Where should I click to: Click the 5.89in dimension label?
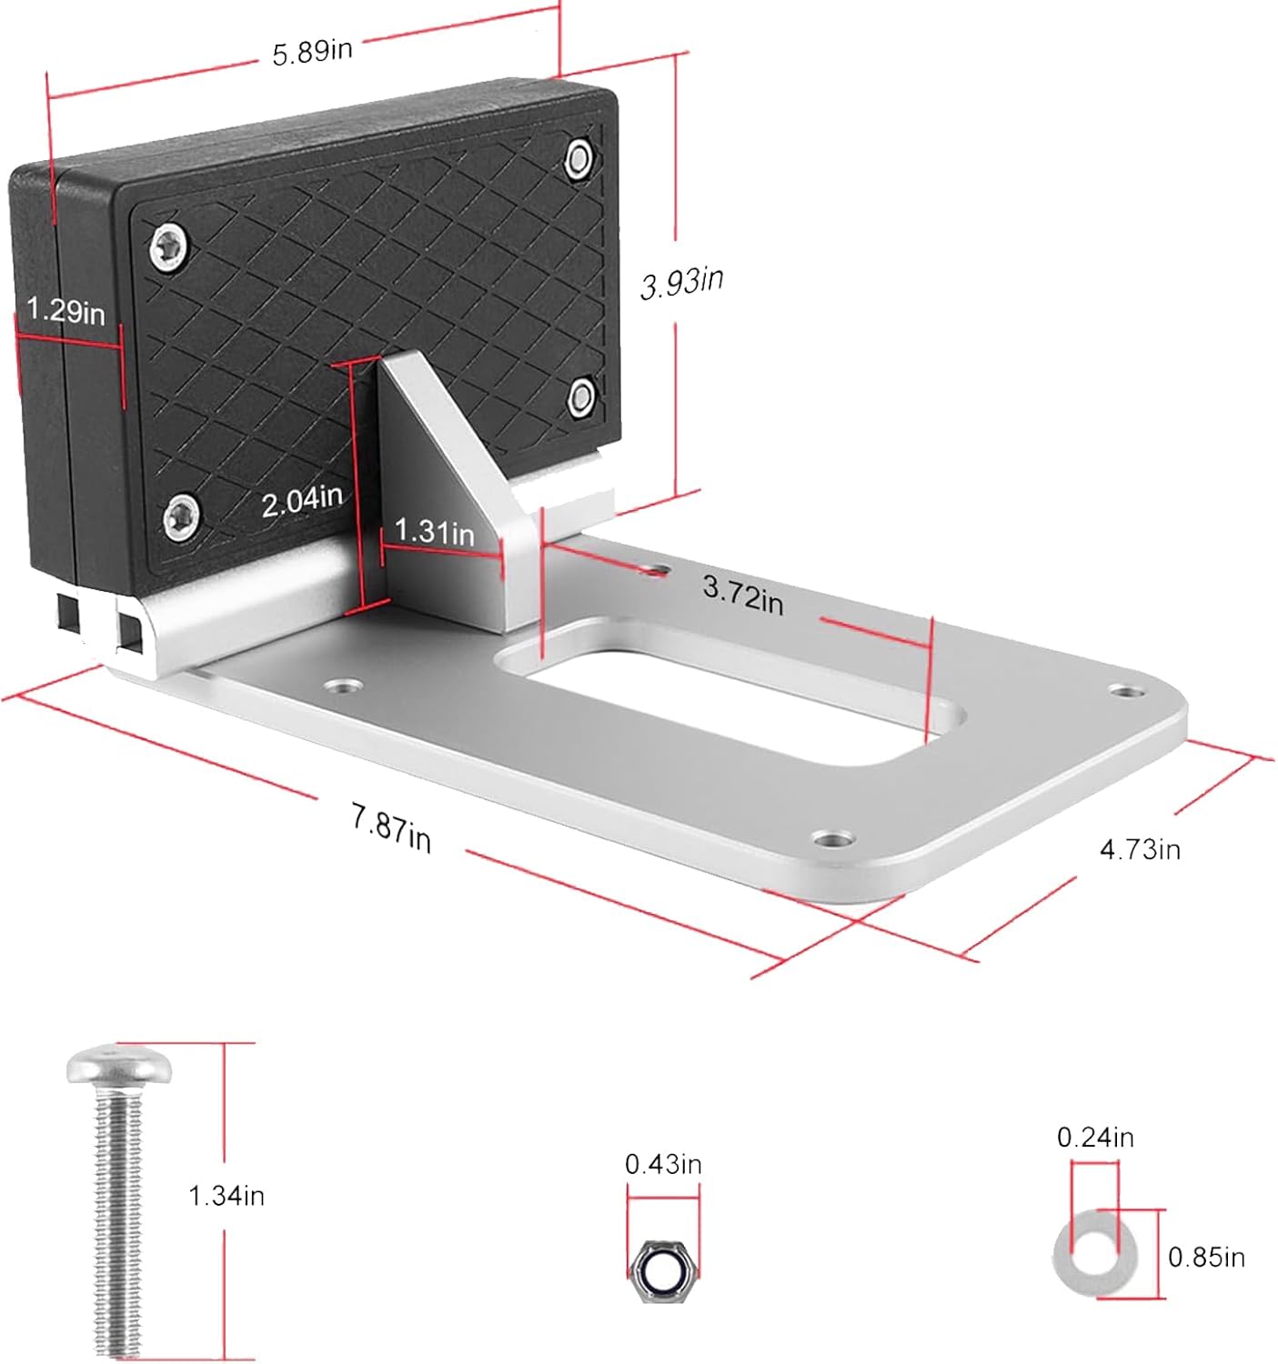click(312, 51)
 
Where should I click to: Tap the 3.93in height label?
click(682, 282)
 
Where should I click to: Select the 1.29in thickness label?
click(65, 312)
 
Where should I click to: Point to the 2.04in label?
click(302, 500)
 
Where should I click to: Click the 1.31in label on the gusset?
click(434, 531)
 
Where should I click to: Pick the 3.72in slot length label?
click(742, 596)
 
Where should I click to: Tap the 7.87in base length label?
click(391, 828)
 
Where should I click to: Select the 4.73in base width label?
click(1140, 849)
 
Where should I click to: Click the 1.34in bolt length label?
click(226, 1195)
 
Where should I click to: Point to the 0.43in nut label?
click(663, 1165)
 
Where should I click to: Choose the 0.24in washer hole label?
click(1095, 1137)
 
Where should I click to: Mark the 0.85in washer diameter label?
click(1206, 1258)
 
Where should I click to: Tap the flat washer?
click(1095, 1258)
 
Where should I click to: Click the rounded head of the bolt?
click(119, 1065)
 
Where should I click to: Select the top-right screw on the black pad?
click(579, 159)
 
